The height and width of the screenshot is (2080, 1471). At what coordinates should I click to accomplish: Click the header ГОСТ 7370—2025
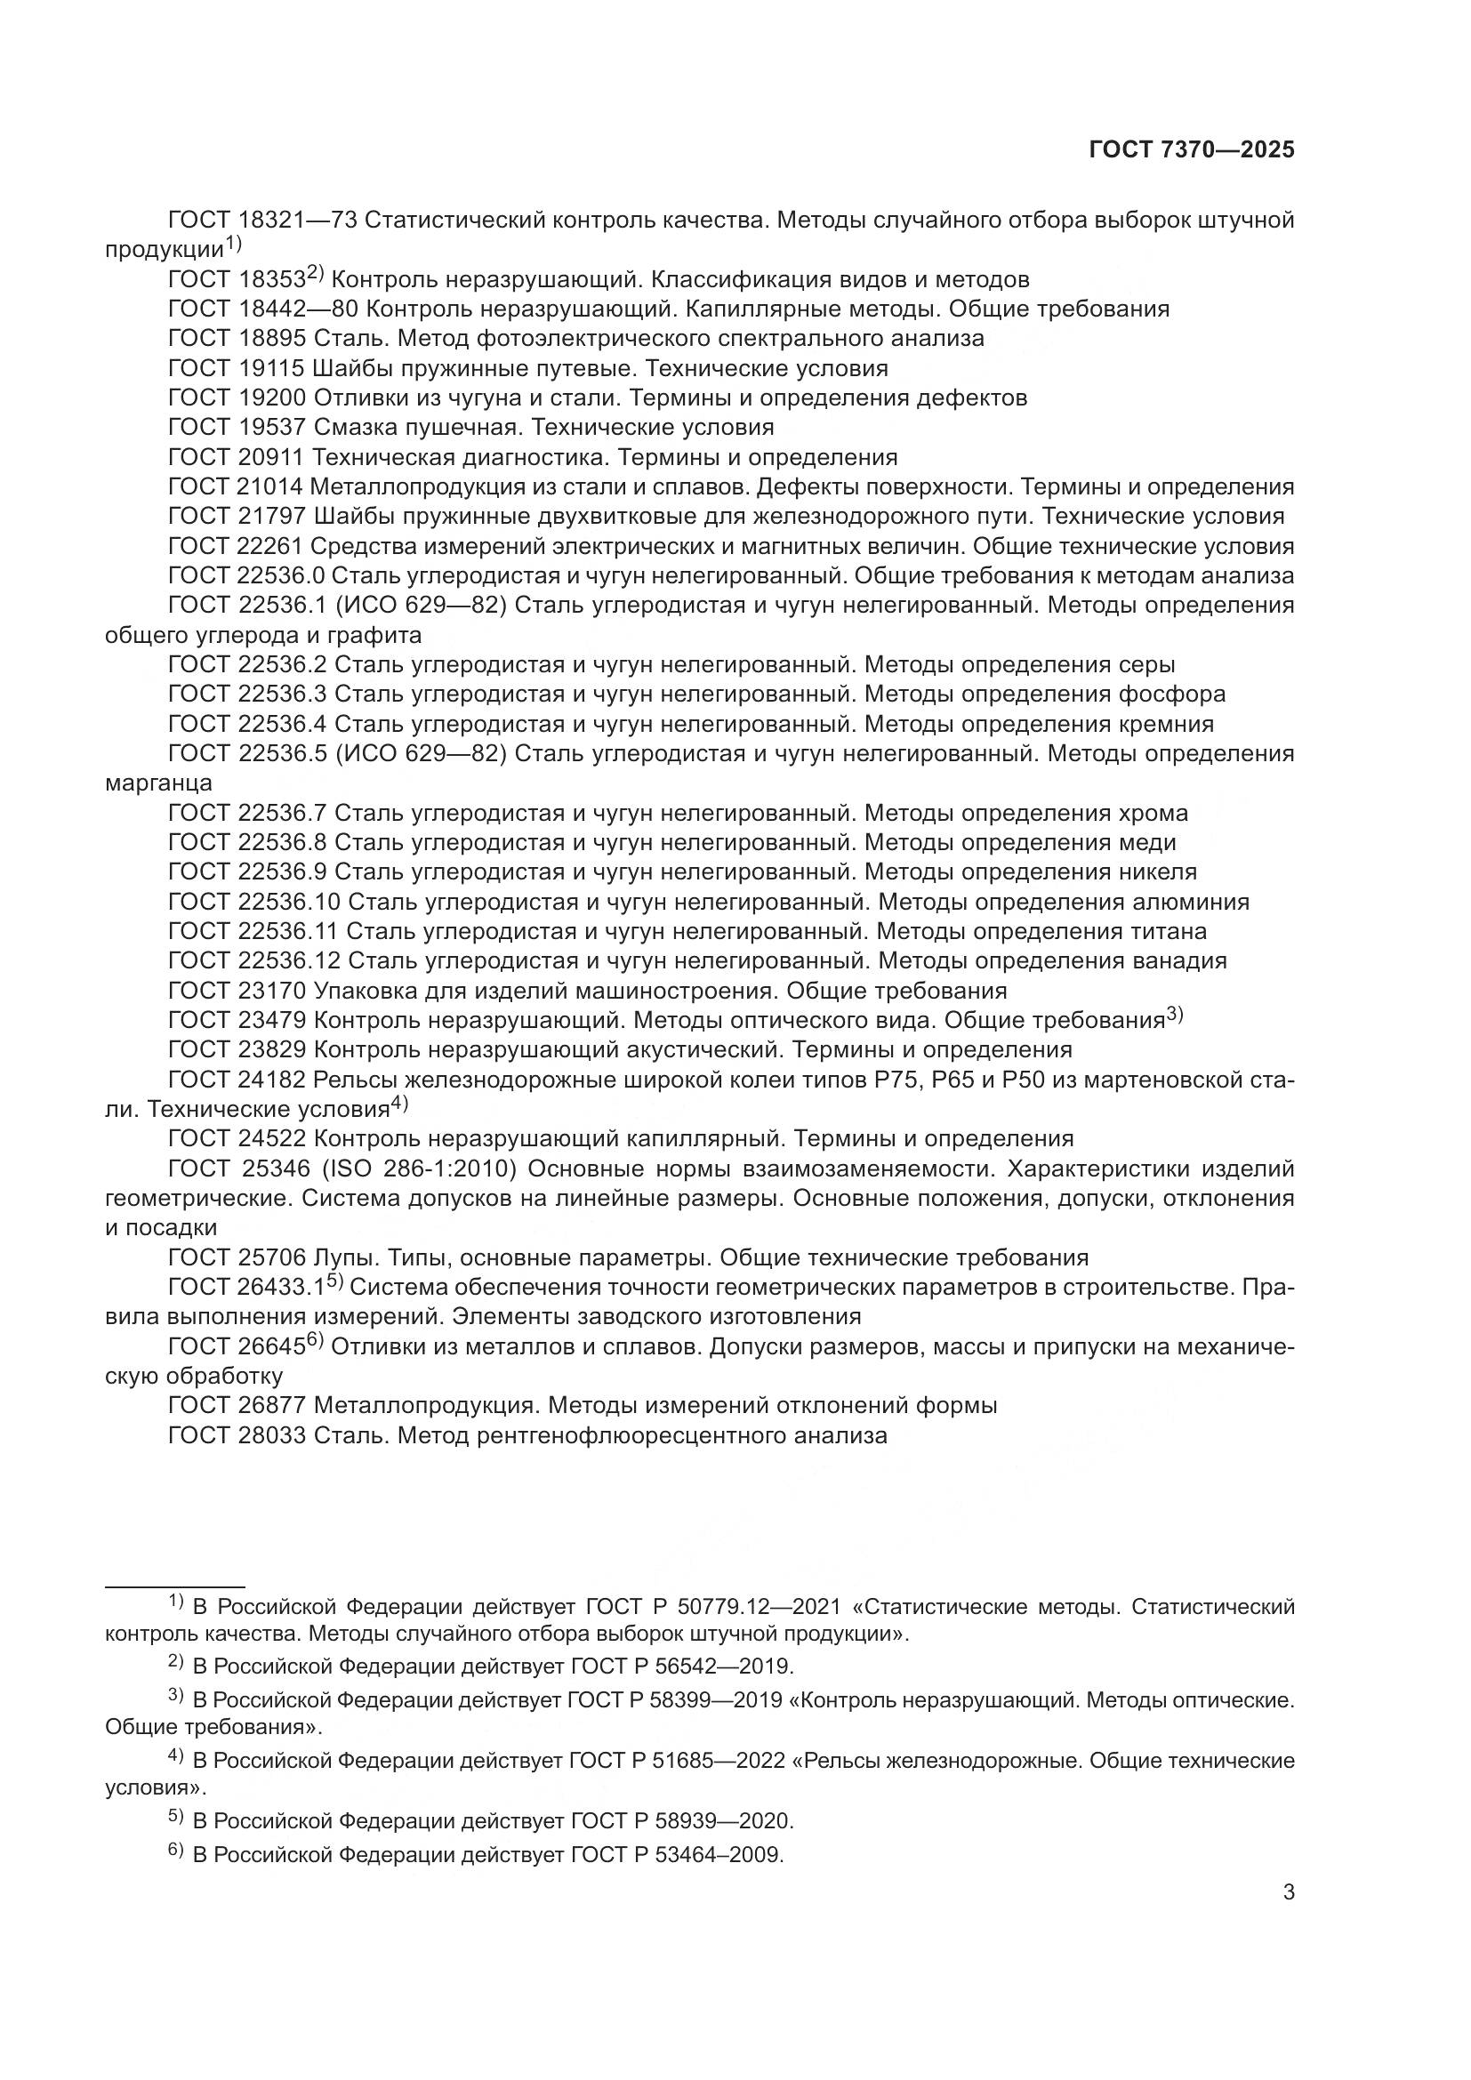click(1191, 150)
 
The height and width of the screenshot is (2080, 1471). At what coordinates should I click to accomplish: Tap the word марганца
click(158, 783)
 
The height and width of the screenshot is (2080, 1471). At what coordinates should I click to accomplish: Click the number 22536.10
click(290, 903)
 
